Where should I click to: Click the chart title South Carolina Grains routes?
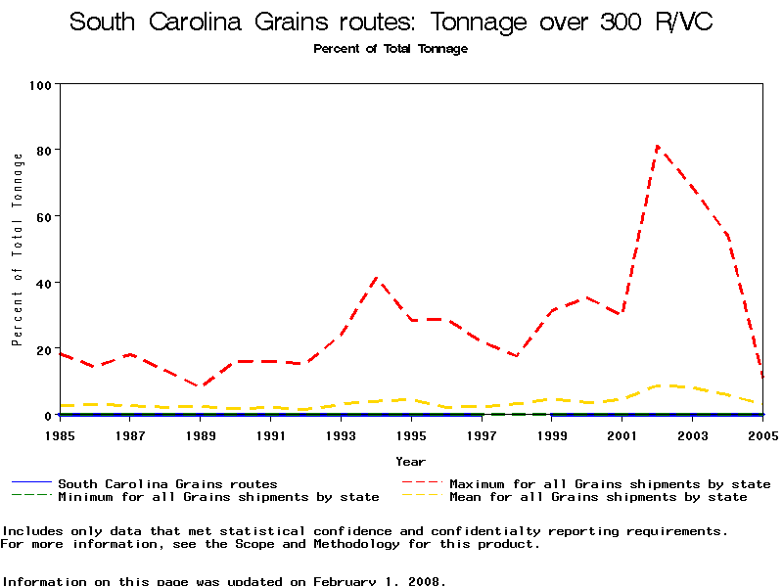coord(391,22)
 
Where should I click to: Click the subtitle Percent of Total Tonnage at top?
coord(391,49)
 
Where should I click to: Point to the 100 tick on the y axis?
coord(40,84)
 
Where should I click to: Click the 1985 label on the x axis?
coord(60,433)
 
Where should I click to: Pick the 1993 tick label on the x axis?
coord(341,433)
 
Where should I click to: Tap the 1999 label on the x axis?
coord(551,433)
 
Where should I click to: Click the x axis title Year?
coord(410,461)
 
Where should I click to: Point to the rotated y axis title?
coord(18,249)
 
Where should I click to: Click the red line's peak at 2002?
coord(658,147)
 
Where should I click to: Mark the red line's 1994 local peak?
coord(377,278)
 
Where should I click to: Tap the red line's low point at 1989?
coord(201,386)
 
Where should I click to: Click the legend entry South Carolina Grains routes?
coord(167,483)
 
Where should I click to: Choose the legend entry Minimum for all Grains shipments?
coord(218,497)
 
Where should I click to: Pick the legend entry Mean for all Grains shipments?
coord(598,497)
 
